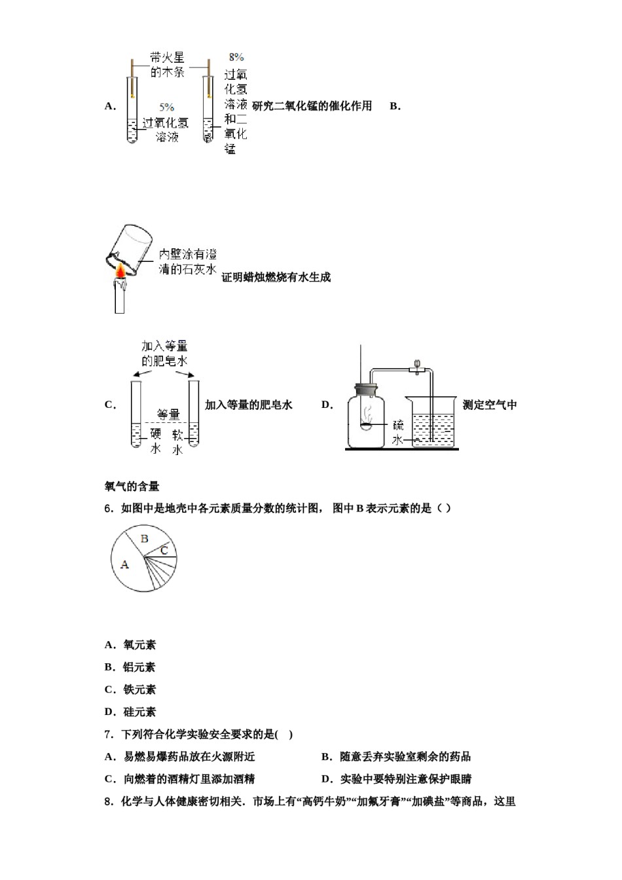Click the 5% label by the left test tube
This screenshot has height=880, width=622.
166,107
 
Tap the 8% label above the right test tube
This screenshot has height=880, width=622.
236,58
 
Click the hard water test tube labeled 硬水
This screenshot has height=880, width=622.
136,415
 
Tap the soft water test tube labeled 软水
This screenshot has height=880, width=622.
193,415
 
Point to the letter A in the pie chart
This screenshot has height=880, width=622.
125,564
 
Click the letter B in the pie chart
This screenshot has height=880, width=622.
145,539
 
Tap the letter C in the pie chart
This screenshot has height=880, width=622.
164,551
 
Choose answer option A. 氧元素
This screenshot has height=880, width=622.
130,645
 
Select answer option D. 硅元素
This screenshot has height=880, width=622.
130,712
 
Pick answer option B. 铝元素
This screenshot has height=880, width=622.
130,667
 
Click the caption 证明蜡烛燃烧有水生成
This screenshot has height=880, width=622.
276,278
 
